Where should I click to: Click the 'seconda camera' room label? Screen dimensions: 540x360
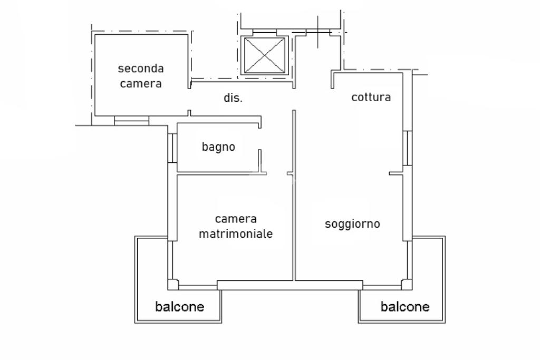tap(140, 76)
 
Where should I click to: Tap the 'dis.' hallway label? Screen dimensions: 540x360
tap(233, 98)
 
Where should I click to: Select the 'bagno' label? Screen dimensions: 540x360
tap(218, 147)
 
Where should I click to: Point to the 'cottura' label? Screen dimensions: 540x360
tap(371, 97)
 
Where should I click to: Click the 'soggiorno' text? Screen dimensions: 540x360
tap(352, 224)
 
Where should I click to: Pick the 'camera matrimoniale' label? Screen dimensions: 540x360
tap(236, 226)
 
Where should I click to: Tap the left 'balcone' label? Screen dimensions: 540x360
tap(179, 306)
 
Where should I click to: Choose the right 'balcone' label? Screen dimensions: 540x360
tap(405, 306)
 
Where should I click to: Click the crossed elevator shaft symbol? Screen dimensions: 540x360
tap(265, 55)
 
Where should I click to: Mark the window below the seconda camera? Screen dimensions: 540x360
tap(131, 121)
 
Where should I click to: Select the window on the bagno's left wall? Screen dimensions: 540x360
tap(172, 148)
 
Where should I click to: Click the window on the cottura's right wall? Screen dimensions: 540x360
tap(408, 148)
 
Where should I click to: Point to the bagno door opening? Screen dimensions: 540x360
tap(260, 139)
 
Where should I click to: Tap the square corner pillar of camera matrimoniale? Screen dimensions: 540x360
tap(173, 285)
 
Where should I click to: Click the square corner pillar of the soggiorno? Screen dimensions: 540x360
tap(407, 285)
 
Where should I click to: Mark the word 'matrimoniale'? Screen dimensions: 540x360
tap(236, 233)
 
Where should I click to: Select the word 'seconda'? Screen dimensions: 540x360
tap(140, 69)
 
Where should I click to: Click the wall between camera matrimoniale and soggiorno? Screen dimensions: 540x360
tap(294, 195)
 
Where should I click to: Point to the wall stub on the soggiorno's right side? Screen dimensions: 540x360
tap(396, 173)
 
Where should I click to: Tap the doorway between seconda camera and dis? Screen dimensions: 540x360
tap(189, 99)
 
